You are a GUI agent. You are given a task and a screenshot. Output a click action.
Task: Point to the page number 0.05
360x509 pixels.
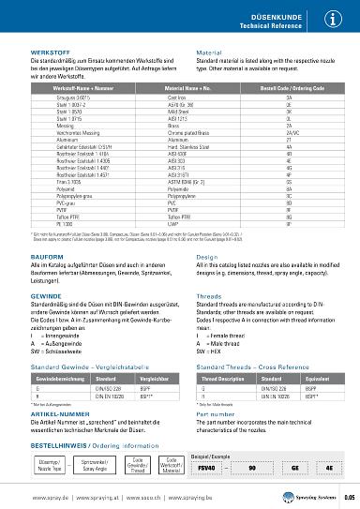pyautogui.click(x=348, y=499)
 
